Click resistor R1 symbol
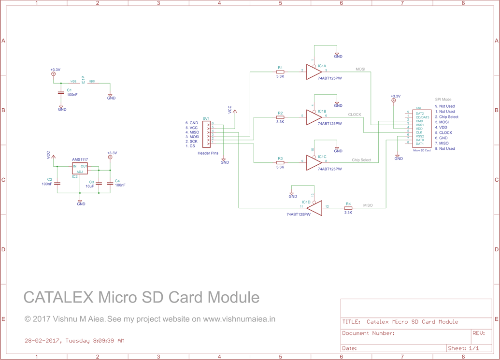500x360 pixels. tap(280, 72)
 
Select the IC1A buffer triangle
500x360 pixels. tap(313, 72)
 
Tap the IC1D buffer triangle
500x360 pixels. tap(315, 208)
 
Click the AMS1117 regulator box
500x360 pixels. tap(80, 168)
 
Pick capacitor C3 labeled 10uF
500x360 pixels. tap(99, 183)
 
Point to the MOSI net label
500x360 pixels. tap(360, 69)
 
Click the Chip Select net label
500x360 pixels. tap(361, 160)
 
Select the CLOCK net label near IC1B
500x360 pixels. tap(355, 115)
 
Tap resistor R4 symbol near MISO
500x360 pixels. tap(348, 208)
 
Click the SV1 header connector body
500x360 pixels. tap(207, 134)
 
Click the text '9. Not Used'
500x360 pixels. tap(444, 106)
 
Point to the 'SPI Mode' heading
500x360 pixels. tap(443, 100)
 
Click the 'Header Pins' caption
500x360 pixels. tap(208, 153)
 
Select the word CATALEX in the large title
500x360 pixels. tap(58, 297)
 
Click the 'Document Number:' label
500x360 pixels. tap(369, 333)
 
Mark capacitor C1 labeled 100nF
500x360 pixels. tap(61, 92)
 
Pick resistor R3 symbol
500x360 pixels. tap(280, 163)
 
